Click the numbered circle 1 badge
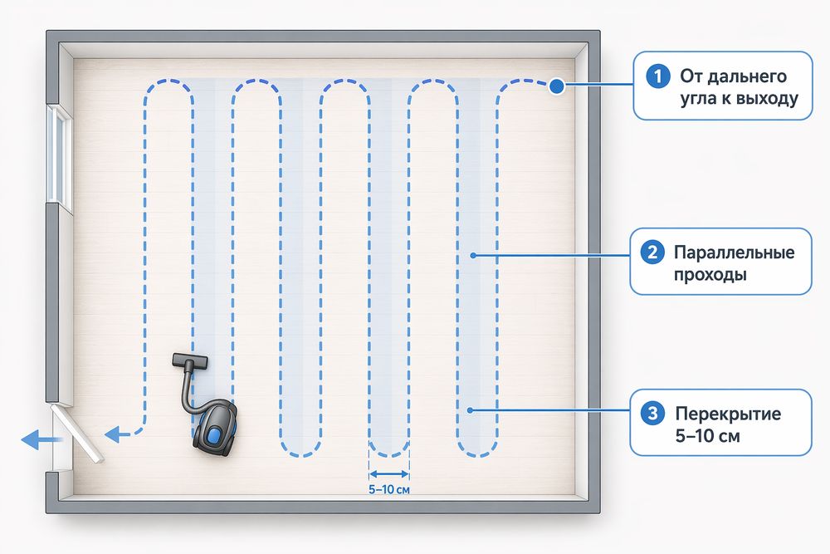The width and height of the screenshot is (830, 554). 658,76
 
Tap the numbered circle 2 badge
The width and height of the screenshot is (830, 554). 652,252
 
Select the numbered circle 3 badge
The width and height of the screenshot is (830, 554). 652,413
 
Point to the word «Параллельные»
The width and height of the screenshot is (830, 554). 735,252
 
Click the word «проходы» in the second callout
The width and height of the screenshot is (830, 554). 710,276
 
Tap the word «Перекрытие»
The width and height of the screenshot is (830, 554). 728,413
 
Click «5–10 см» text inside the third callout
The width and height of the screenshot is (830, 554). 708,436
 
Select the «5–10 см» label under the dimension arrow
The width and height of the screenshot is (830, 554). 389,489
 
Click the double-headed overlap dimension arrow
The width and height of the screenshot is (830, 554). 389,474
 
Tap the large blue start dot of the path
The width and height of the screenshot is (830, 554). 556,86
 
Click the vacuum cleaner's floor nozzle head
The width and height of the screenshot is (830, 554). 190,361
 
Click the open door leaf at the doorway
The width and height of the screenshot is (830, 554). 77,434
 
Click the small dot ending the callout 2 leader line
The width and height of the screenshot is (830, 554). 473,255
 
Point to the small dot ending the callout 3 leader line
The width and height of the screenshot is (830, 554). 470,410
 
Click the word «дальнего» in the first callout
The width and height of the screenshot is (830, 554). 734,77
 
